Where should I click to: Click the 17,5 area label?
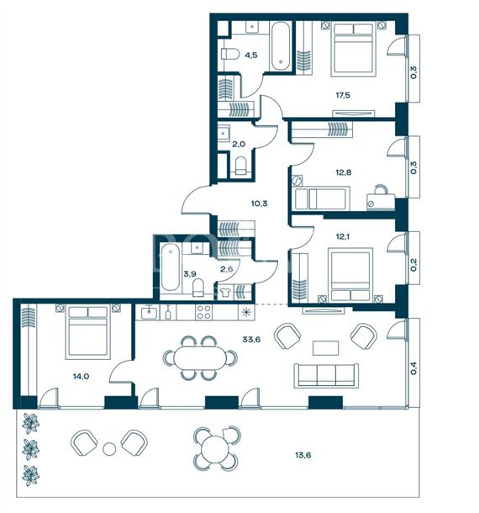pyautogui.click(x=343, y=95)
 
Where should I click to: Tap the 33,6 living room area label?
pyautogui.click(x=251, y=339)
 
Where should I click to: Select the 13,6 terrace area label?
pyautogui.click(x=303, y=455)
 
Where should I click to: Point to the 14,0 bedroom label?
pyautogui.click(x=81, y=376)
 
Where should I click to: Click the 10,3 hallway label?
pyautogui.click(x=260, y=204)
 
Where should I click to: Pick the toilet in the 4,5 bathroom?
pyautogui.click(x=230, y=54)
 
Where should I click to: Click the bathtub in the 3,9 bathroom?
pyautogui.click(x=171, y=267)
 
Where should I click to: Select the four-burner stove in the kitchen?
pyautogui.click(x=203, y=312)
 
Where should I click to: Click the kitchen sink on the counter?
pyautogui.click(x=149, y=313)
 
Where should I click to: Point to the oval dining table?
pyautogui.click(x=199, y=357)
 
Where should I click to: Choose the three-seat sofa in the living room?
pyautogui.click(x=326, y=376)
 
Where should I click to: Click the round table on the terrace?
pyautogui.click(x=214, y=448)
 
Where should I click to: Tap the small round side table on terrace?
pyautogui.click(x=109, y=448)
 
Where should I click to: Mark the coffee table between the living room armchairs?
pyautogui.click(x=325, y=348)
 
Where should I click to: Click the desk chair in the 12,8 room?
pyautogui.click(x=381, y=189)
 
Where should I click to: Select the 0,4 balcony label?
pyautogui.click(x=413, y=368)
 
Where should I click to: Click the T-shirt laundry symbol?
pyautogui.click(x=224, y=292)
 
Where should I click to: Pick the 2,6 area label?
pyautogui.click(x=227, y=269)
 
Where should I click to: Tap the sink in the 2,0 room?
pyautogui.click(x=224, y=133)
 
